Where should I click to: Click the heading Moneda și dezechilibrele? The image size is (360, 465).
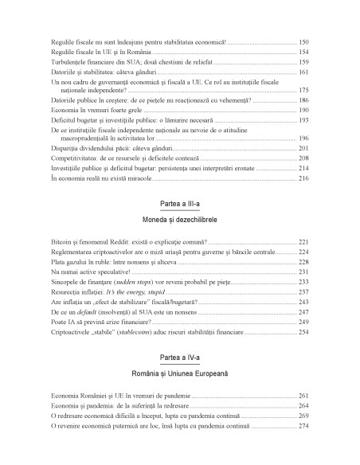(179, 217)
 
